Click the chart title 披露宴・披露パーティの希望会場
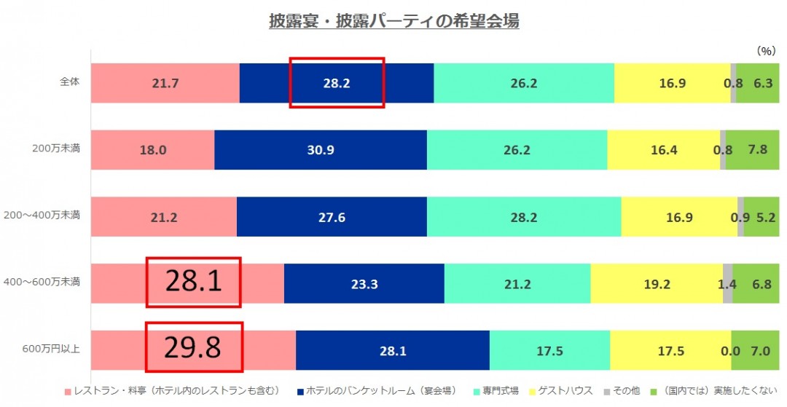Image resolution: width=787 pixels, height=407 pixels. (393, 21)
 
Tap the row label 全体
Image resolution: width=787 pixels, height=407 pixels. (70, 82)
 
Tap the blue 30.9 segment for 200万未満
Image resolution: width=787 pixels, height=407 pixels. (321, 150)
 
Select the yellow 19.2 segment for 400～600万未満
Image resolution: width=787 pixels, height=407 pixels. (657, 284)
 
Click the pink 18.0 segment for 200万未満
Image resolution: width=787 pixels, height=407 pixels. (153, 150)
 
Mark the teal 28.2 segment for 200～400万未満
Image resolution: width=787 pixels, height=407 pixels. (523, 216)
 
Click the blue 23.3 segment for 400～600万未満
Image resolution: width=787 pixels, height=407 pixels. (364, 284)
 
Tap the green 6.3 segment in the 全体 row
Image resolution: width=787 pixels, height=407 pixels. (762, 83)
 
